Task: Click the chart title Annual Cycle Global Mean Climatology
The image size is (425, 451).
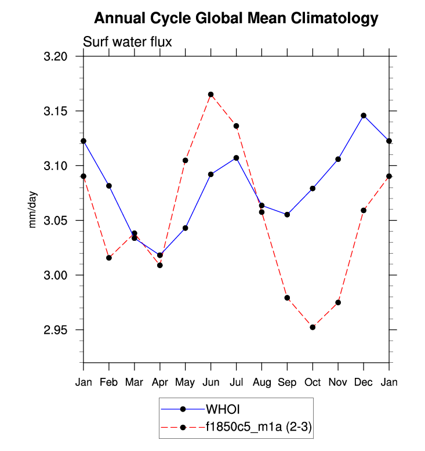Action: (x=236, y=19)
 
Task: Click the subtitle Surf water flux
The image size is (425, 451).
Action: (x=128, y=42)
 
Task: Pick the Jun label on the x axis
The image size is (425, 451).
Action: (x=210, y=383)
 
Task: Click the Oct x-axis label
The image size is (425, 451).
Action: (x=313, y=383)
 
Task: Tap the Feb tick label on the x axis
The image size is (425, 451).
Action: (x=109, y=383)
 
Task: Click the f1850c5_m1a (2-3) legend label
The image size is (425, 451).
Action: (x=259, y=428)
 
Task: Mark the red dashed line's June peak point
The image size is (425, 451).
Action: (x=211, y=95)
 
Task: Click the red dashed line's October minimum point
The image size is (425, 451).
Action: (x=313, y=327)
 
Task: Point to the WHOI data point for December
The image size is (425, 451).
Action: (x=364, y=116)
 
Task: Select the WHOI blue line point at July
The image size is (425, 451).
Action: (x=236, y=158)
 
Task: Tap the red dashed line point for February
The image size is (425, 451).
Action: (x=109, y=258)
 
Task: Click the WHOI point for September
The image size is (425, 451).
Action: (x=287, y=215)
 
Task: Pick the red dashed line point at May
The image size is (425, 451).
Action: (x=186, y=160)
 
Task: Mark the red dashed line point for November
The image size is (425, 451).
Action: (x=338, y=302)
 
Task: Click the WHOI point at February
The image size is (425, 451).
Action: (x=109, y=186)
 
